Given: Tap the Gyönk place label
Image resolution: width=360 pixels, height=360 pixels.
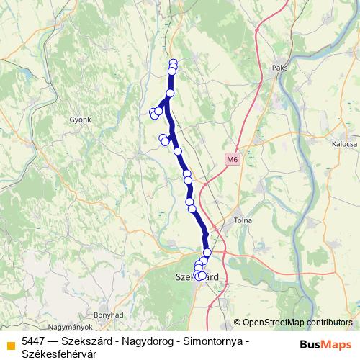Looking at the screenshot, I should [x=80, y=120].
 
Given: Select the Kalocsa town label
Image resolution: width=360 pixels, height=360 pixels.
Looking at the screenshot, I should [x=344, y=144].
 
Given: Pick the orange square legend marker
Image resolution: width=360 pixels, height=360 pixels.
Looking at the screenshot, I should [x=10, y=344].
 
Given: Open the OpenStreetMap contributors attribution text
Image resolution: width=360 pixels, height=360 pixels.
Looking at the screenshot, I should [x=297, y=323].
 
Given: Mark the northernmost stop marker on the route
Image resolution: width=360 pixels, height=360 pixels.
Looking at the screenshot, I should [x=173, y=63].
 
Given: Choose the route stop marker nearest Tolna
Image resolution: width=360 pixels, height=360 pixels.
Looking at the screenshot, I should [x=207, y=252].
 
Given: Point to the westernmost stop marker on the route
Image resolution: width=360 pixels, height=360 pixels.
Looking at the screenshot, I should [x=153, y=112].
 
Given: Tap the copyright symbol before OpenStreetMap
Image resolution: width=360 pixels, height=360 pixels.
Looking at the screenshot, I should [x=238, y=323].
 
